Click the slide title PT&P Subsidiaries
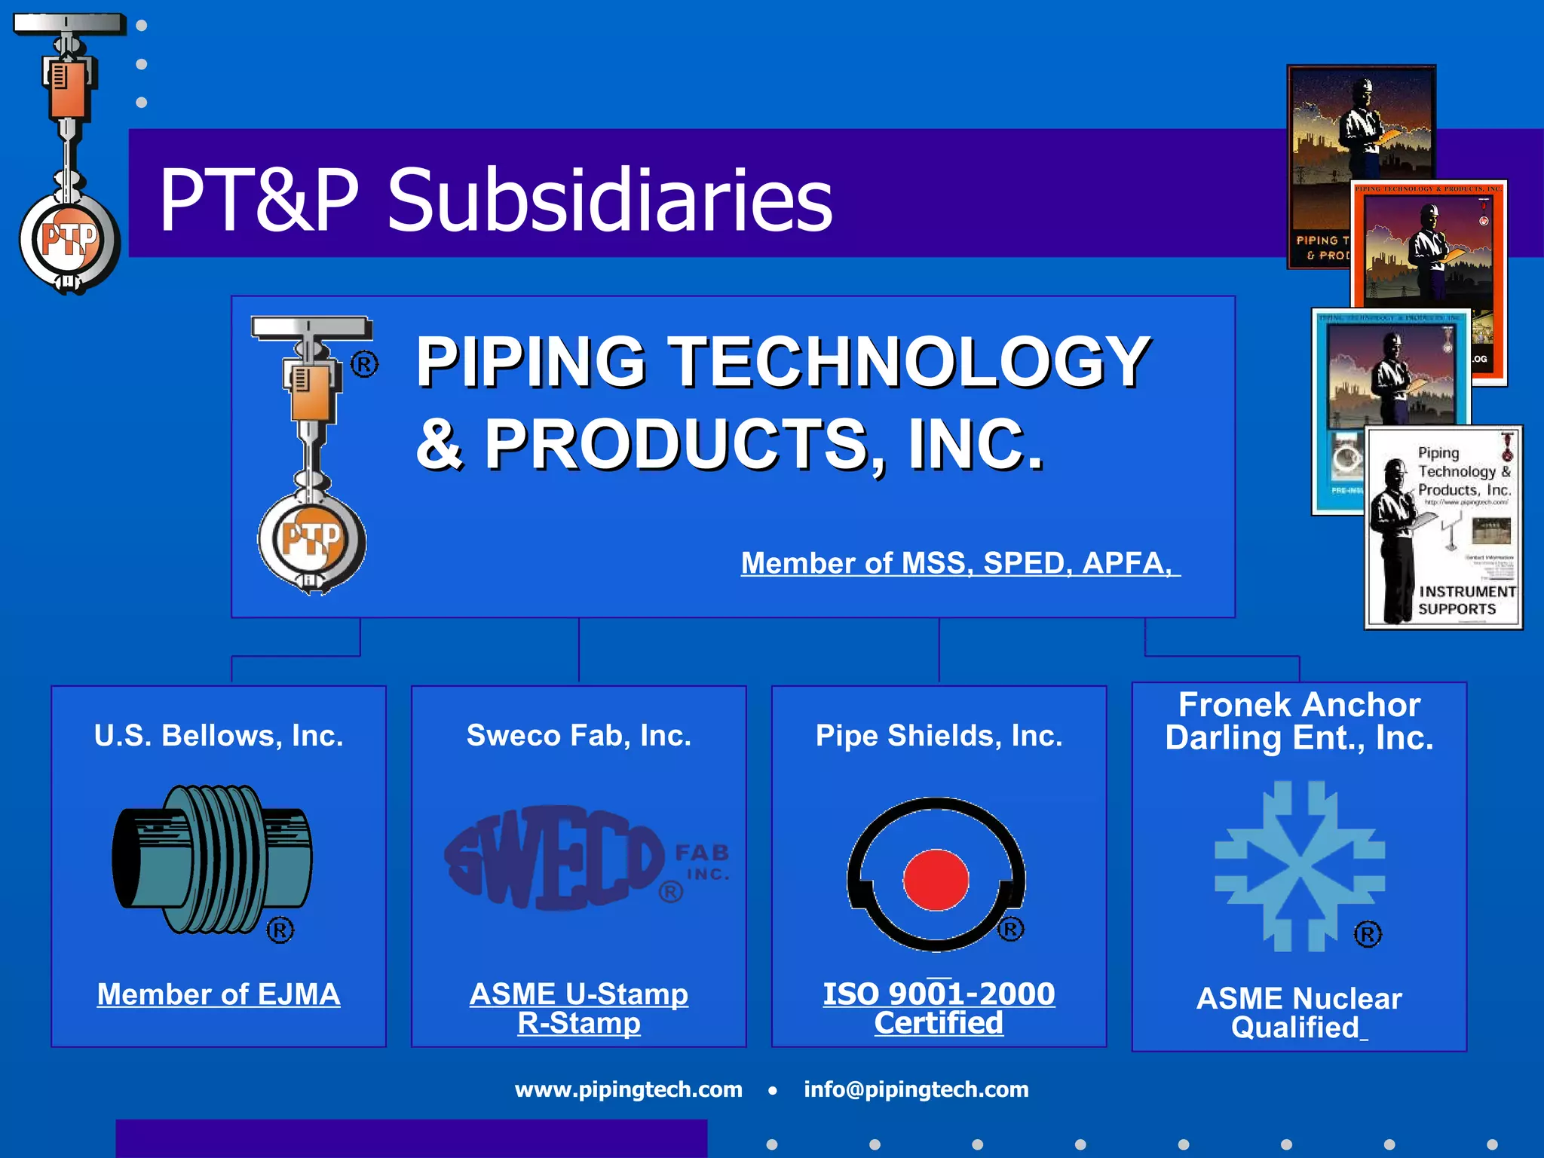click(495, 199)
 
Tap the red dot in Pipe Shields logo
click(936, 880)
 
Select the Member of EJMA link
click(219, 994)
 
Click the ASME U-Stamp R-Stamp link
click(578, 1008)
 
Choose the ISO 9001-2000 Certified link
click(939, 1008)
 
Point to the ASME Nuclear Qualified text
click(1298, 1012)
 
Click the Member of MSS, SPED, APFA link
click(959, 563)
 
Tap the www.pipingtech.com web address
click(628, 1089)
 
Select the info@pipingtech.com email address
click(916, 1089)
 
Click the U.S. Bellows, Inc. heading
click(219, 735)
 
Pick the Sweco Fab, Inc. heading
click(578, 735)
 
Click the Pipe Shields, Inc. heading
click(939, 735)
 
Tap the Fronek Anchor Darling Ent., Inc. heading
click(1299, 721)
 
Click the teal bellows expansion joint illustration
click(213, 859)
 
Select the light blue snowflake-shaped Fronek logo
click(1299, 866)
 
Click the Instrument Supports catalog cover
click(1443, 528)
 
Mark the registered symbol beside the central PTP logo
click(364, 366)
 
